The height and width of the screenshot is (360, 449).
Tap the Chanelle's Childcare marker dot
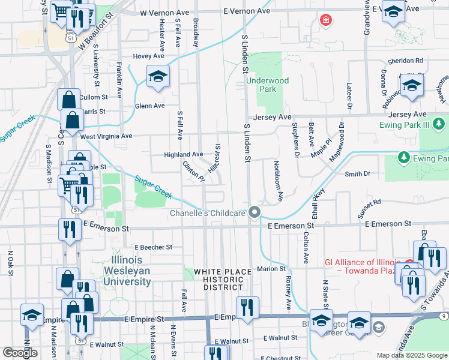click(255, 212)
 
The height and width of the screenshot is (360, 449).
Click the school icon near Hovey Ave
click(158, 77)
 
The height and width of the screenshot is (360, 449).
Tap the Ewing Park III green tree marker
click(440, 124)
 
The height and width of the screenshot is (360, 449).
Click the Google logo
click(20, 353)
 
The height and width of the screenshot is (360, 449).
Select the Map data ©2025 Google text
click(411, 355)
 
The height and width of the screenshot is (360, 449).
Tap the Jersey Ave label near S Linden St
click(272, 118)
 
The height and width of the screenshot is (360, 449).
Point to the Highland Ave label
click(184, 154)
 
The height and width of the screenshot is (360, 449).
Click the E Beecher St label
click(153, 247)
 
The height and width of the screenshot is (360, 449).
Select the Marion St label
click(271, 269)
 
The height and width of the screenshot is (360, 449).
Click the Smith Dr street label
click(357, 174)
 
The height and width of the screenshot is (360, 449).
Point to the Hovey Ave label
click(149, 56)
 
